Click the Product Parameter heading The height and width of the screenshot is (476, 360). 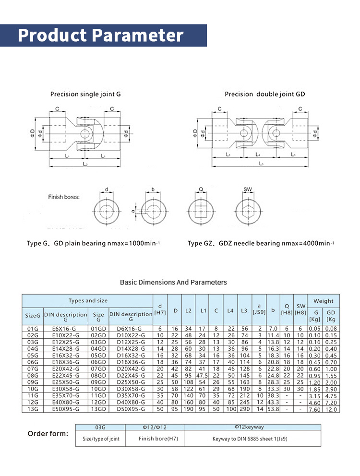(x=101, y=36)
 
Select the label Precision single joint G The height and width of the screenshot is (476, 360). (x=85, y=95)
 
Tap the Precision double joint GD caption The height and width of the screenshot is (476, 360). (x=264, y=95)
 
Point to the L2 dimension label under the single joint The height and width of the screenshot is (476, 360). (x=84, y=164)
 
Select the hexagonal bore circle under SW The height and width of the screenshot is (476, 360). (x=248, y=210)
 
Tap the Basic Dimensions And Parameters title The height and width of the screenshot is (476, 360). (x=173, y=282)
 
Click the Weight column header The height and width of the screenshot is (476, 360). (x=323, y=301)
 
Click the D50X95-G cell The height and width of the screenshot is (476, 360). (x=131, y=409)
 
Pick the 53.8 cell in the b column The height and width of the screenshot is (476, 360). (x=273, y=409)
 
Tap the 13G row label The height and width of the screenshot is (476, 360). (x=33, y=409)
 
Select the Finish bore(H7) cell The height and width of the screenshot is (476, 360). (x=154, y=439)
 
